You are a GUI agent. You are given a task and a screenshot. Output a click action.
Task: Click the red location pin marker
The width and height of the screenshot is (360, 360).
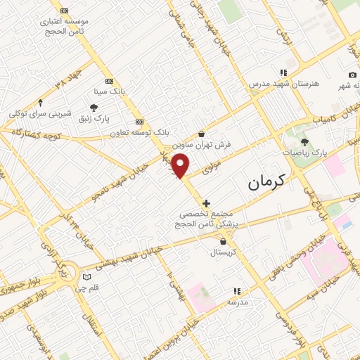tap(181, 166)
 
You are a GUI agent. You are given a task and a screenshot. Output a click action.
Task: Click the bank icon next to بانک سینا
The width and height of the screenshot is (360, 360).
tap(109, 81)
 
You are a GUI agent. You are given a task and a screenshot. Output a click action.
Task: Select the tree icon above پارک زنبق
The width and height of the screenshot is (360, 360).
tap(94, 107)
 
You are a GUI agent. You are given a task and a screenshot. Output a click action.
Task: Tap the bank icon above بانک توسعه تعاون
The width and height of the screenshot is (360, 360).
tap(139, 120)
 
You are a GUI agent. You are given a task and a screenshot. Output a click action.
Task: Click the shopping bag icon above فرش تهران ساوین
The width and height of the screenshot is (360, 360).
tap(202, 134)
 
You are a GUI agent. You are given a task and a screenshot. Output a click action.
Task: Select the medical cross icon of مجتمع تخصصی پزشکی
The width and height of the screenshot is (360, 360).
tap(206, 204)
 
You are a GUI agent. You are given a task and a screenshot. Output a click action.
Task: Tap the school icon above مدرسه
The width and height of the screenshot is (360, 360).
tap(237, 290)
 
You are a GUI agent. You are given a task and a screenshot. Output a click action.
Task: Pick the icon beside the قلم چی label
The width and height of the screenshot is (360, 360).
tap(87, 276)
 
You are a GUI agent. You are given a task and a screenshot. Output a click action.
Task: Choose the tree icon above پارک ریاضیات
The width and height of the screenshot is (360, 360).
tap(304, 142)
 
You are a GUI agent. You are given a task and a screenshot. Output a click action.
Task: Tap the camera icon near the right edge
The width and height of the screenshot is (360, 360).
tap(352, 75)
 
